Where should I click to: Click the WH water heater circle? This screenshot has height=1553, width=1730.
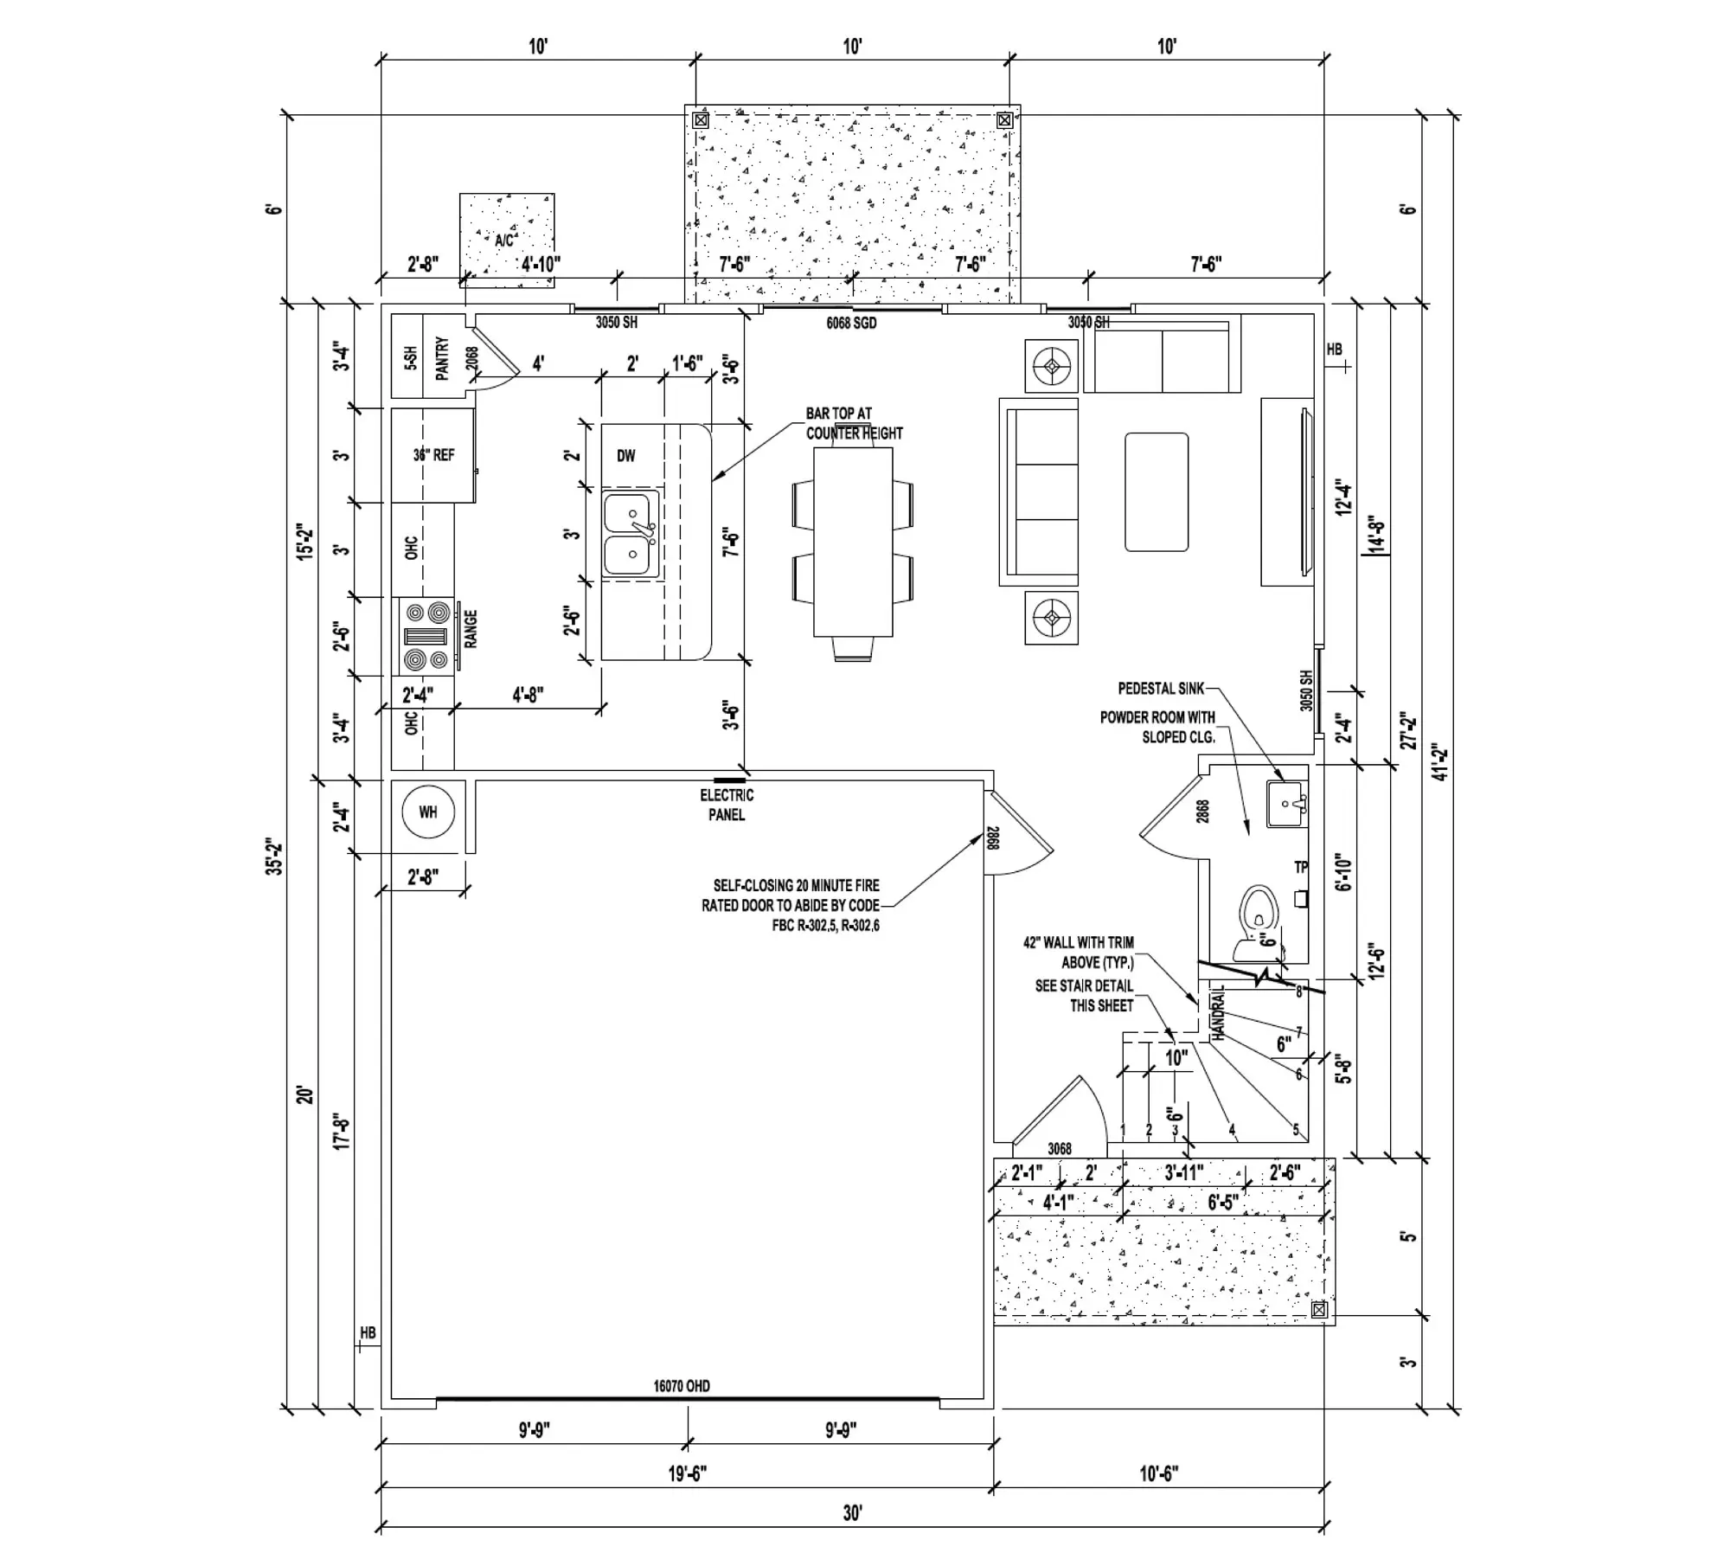428,812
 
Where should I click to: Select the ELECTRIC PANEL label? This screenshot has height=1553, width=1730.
727,805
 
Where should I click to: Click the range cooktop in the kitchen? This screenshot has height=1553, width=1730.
427,637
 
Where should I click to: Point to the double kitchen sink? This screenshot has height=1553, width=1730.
629,533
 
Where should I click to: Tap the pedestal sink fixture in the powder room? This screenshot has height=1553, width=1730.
1286,804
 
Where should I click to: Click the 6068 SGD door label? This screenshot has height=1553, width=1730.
851,323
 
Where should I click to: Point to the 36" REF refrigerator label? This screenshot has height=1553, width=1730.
433,455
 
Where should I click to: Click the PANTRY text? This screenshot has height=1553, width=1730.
442,358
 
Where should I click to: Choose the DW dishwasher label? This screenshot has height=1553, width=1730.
626,456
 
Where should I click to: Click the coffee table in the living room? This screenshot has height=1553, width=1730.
1157,491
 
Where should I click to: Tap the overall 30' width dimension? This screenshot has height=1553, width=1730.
852,1513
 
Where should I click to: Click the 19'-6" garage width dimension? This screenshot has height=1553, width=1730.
688,1473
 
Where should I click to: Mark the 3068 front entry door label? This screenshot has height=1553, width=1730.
1060,1149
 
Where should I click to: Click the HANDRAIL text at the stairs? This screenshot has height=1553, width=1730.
1218,1013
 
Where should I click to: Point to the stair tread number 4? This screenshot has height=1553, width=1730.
1232,1129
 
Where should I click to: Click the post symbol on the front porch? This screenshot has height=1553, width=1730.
1319,1310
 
